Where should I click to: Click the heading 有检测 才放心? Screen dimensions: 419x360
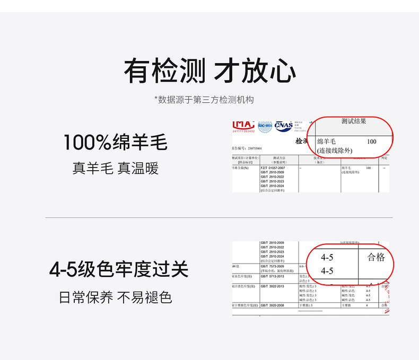point(210,71)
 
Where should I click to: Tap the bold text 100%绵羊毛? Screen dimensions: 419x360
point(115,143)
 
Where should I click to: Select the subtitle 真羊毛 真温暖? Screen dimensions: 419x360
point(115,169)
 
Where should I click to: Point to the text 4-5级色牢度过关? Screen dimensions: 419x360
point(119,269)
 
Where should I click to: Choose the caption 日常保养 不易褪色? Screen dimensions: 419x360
point(115,297)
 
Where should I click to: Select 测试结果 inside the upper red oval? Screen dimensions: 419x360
point(354,121)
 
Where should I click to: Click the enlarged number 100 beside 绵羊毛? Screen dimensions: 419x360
point(371,142)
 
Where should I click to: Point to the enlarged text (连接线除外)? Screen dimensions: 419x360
point(335,151)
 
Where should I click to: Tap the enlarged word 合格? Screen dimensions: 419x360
point(376,257)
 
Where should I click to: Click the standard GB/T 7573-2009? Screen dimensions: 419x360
point(273,266)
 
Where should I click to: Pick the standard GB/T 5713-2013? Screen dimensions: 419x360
point(273,276)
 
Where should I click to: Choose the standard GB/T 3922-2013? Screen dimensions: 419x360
point(273,286)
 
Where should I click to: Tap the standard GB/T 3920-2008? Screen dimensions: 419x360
point(273,306)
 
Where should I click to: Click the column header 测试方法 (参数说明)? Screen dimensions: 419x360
point(279,160)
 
